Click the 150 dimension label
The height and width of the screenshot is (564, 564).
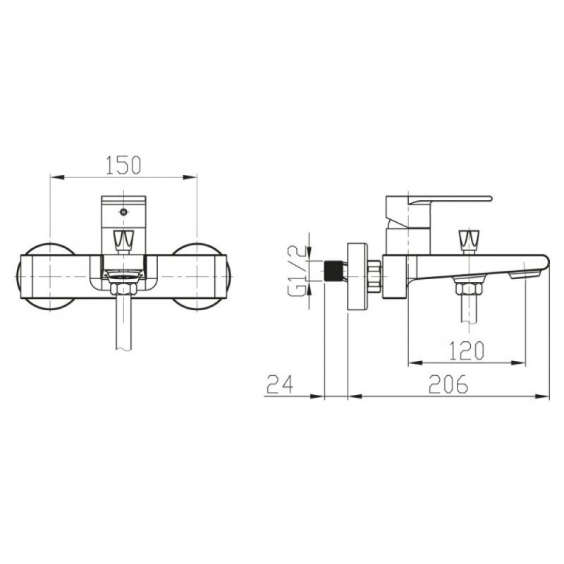point(123,165)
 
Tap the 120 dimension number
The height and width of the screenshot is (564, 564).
point(467,350)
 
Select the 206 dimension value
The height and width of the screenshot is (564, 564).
point(448,384)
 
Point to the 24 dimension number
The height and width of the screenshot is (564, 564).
point(280,384)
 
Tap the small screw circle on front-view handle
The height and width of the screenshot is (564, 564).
point(124,212)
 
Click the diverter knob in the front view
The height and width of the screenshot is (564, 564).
point(124,240)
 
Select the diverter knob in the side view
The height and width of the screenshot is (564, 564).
point(468,240)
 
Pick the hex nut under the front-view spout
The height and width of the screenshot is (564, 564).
point(124,289)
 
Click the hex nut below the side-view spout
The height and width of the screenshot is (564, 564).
point(468,289)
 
